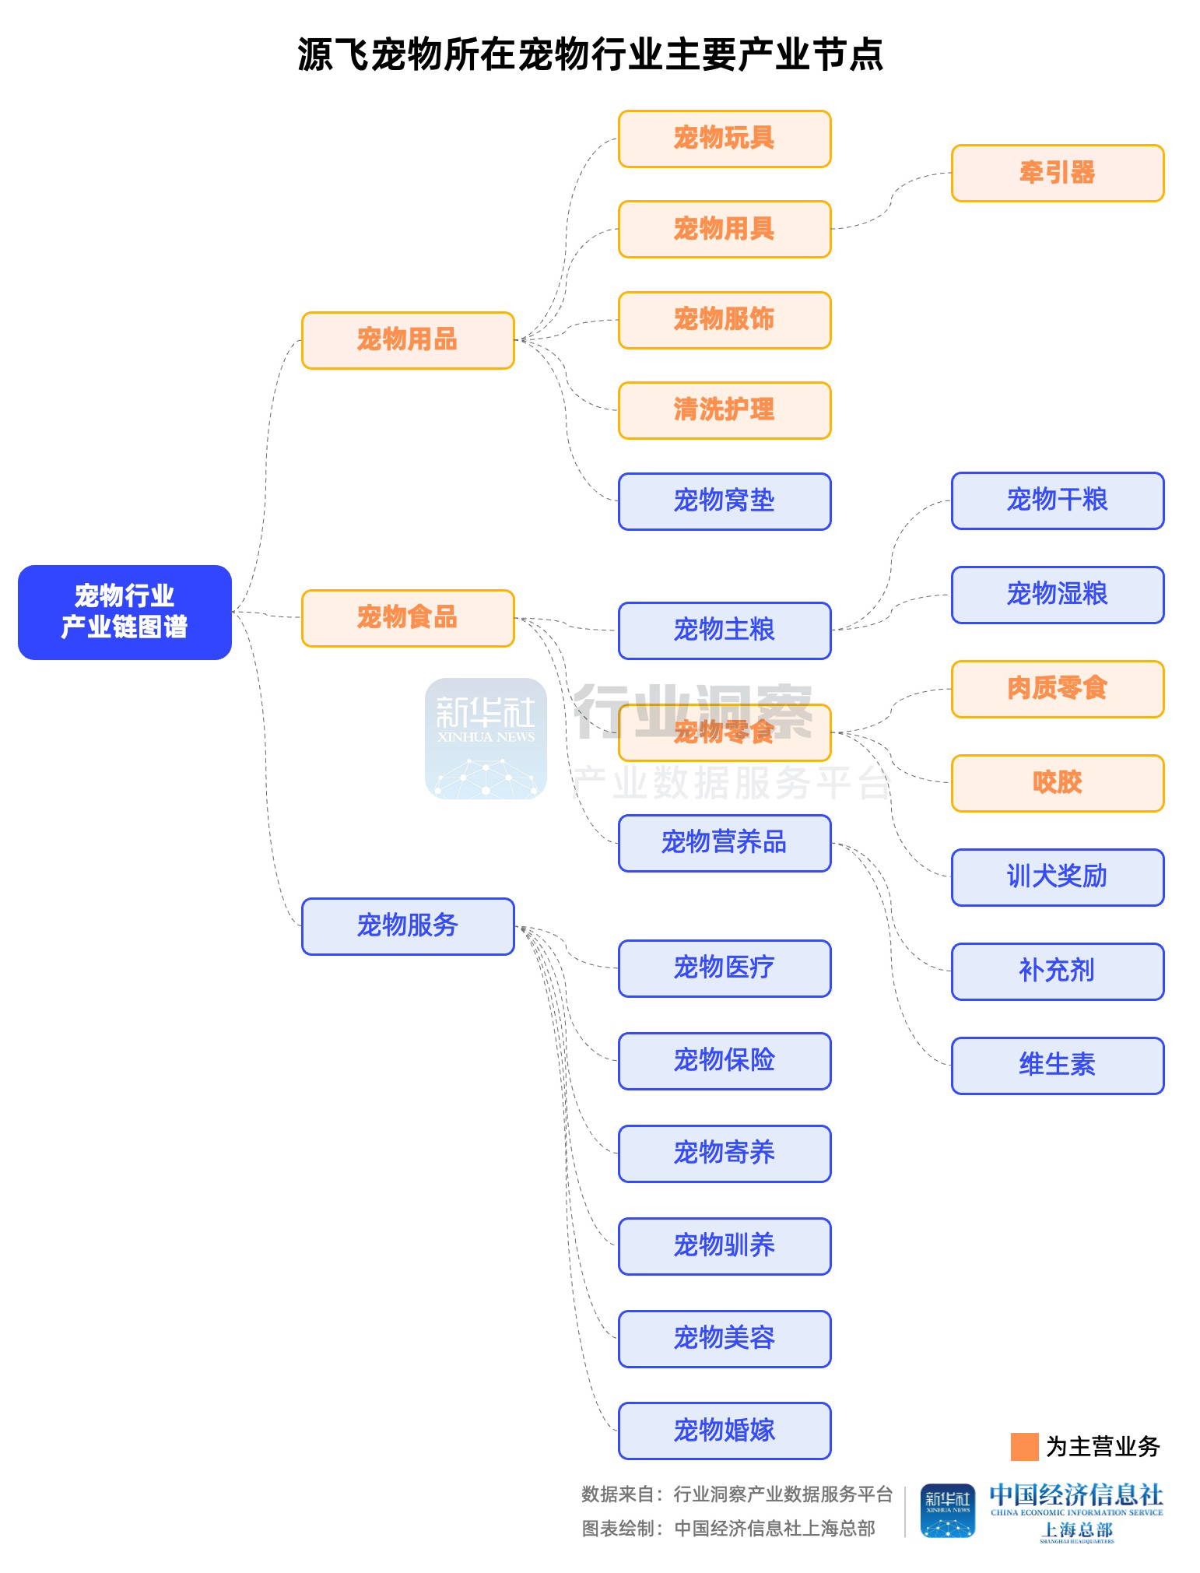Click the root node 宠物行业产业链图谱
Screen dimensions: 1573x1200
click(125, 612)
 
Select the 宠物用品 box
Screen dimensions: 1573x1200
click(408, 340)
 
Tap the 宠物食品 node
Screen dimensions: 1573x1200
click(408, 618)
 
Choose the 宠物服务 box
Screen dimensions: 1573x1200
click(408, 926)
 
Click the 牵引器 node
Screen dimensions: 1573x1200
click(1057, 173)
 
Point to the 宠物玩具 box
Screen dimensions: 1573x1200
click(724, 139)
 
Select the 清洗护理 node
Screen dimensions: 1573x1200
click(724, 410)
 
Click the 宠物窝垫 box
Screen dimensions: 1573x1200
click(724, 501)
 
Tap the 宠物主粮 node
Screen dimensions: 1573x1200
click(724, 630)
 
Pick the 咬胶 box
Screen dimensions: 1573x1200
click(1057, 783)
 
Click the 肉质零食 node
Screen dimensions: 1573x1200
click(1057, 689)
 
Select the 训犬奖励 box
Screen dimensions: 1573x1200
click(1057, 877)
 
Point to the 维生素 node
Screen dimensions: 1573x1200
click(1057, 1066)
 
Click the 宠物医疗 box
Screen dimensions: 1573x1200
click(724, 968)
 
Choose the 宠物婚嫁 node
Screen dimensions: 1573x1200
click(724, 1431)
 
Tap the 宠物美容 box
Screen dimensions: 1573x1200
click(724, 1339)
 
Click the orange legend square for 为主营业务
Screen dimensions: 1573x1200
click(1024, 1447)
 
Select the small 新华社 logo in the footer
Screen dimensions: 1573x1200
click(947, 1511)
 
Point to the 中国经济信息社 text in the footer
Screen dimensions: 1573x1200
click(1075, 1494)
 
